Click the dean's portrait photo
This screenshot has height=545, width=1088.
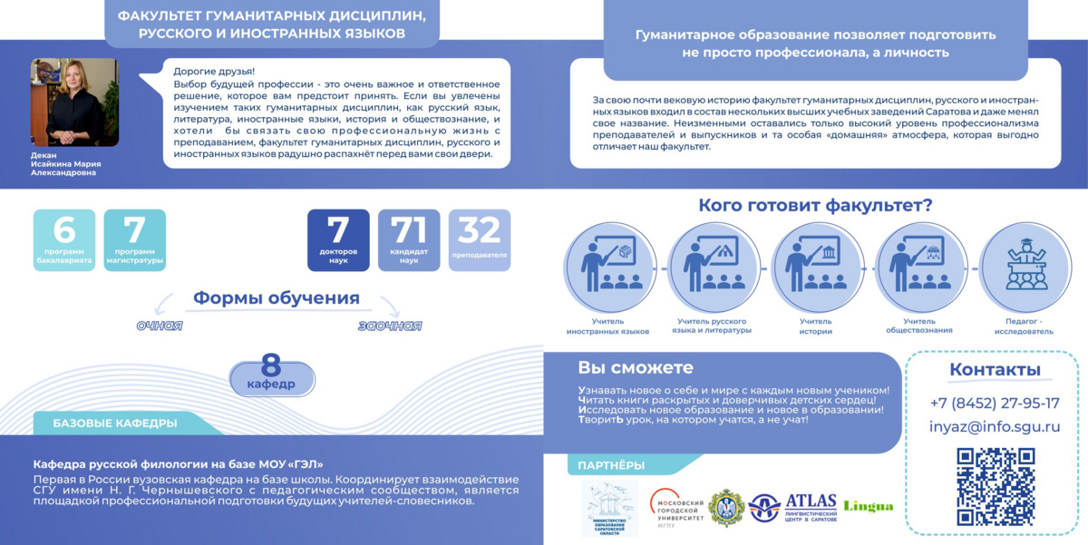74,102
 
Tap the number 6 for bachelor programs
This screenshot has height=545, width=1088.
63,230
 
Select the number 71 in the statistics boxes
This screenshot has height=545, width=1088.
409,230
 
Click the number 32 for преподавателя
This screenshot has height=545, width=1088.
480,230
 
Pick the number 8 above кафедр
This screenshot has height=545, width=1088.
271,365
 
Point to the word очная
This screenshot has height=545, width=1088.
160,326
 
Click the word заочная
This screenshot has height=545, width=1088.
390,326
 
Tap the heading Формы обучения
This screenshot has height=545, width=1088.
277,298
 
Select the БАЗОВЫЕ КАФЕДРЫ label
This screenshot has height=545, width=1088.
115,423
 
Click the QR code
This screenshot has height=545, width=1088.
995,487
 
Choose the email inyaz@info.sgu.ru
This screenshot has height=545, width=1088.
995,427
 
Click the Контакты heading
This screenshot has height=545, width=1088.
995,369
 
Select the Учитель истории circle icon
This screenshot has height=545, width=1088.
817,268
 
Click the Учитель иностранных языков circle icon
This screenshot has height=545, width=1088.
609,268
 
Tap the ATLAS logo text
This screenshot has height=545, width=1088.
811,501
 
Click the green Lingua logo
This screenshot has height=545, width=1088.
868,506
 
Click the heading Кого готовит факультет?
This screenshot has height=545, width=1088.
815,205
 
